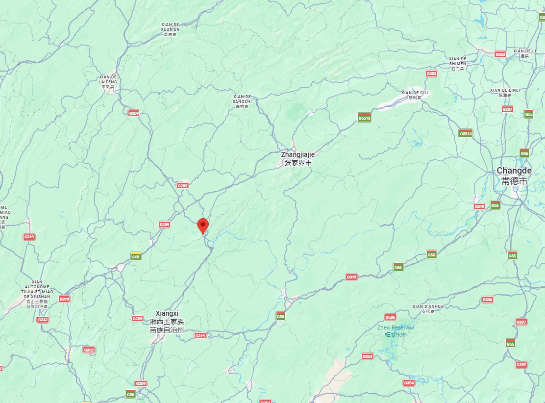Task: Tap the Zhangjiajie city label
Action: coord(298,158)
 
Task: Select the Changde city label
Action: coord(514,175)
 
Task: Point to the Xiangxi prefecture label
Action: coord(167,321)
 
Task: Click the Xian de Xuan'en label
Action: coord(171,29)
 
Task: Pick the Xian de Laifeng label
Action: coord(108,82)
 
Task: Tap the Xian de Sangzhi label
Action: coord(242,101)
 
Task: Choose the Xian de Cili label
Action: coord(415,94)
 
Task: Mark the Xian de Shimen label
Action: coord(457,63)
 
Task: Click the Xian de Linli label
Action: coord(505,92)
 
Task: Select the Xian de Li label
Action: coord(524,53)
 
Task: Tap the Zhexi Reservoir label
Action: coord(396,330)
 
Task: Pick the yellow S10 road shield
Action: coord(136,256)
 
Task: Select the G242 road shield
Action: coord(43,319)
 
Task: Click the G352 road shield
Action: coord(89,350)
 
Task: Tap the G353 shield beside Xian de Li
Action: coord(500,54)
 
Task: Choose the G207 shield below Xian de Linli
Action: coord(507,109)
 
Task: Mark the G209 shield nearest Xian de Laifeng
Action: coord(134,113)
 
